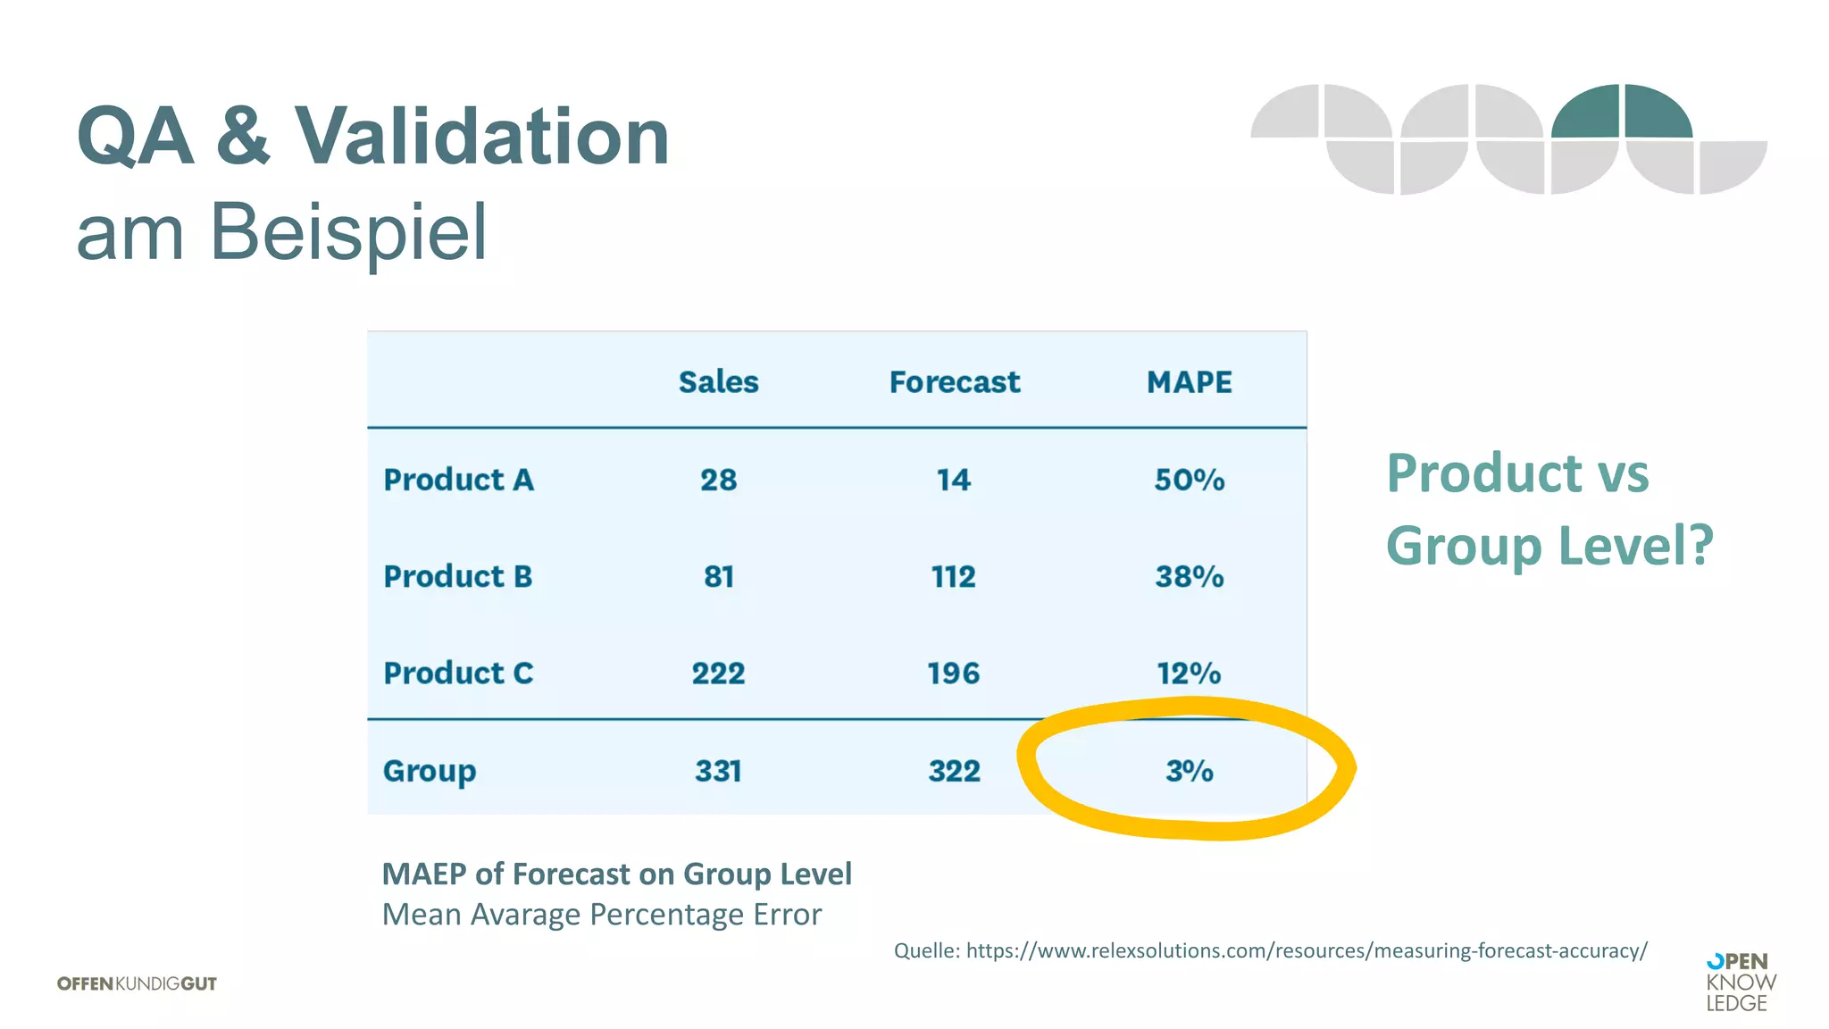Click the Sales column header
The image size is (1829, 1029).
pyautogui.click(x=718, y=382)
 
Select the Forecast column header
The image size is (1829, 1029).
pyautogui.click(x=954, y=382)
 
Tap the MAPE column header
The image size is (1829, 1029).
pyautogui.click(x=1189, y=382)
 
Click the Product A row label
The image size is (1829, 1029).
pyautogui.click(x=458, y=480)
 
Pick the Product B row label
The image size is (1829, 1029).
pyautogui.click(x=457, y=576)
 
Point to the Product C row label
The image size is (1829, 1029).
pyautogui.click(x=458, y=673)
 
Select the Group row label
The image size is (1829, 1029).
pyautogui.click(x=430, y=771)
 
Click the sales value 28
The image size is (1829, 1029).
pyautogui.click(x=718, y=480)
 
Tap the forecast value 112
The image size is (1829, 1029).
pyautogui.click(x=953, y=576)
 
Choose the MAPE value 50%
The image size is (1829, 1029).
pyautogui.click(x=1189, y=480)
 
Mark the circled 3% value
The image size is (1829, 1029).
pyautogui.click(x=1189, y=771)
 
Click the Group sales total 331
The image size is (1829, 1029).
pyautogui.click(x=718, y=771)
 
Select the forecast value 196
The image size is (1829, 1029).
pyautogui.click(x=953, y=673)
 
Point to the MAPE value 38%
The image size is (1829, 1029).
pyautogui.click(x=1189, y=576)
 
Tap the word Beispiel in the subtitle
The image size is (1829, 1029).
pyautogui.click(x=348, y=232)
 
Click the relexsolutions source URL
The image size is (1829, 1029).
pyautogui.click(x=1306, y=950)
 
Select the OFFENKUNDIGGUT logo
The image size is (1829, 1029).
pyautogui.click(x=137, y=983)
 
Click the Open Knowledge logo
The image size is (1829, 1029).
pyautogui.click(x=1740, y=983)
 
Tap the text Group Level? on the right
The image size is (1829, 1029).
pyautogui.click(x=1549, y=545)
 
